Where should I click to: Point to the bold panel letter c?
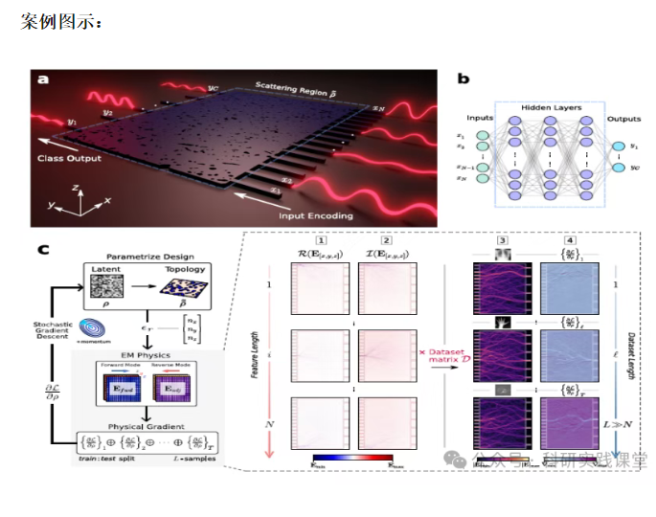43,250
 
